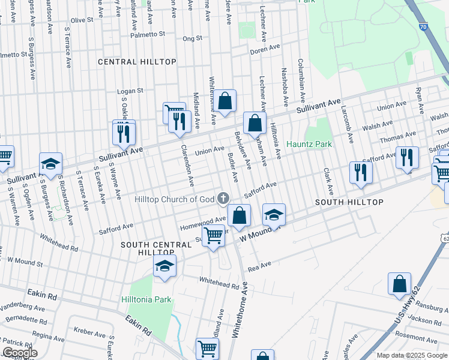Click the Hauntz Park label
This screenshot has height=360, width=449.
pos(309,145)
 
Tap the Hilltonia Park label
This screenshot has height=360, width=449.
pos(149,299)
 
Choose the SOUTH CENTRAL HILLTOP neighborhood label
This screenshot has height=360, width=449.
pos(148,248)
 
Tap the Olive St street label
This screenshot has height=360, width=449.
pos(82,20)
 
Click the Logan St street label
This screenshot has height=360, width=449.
pos(130,91)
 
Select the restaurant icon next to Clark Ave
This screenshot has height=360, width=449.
pos(361,172)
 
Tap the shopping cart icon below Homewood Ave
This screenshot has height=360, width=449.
pos(213,236)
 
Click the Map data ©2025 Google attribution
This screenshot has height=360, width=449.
pos(411,355)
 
